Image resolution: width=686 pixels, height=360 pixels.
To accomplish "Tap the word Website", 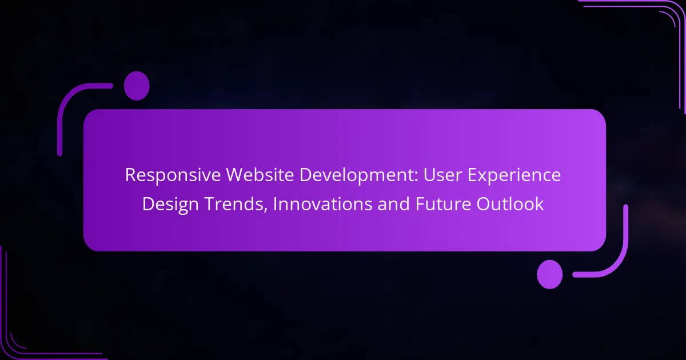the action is (x=260, y=174).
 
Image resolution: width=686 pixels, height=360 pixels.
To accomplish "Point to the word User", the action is (x=442, y=175).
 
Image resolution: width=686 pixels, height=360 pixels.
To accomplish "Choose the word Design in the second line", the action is (x=170, y=205).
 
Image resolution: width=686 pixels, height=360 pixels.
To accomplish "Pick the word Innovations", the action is (x=322, y=204).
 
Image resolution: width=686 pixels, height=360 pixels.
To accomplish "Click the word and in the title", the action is (x=393, y=204).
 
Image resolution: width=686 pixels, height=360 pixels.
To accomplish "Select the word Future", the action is (x=443, y=204).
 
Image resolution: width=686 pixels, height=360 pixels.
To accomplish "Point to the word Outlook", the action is (x=510, y=204).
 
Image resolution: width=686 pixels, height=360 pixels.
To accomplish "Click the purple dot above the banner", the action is (x=137, y=86).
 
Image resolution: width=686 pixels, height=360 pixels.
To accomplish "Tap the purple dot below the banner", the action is (x=550, y=274).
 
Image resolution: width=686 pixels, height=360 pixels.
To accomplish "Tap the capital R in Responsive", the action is (x=130, y=175).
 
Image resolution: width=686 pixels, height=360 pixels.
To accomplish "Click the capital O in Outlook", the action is (x=483, y=204).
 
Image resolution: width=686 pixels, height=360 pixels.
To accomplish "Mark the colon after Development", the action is (x=416, y=178).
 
